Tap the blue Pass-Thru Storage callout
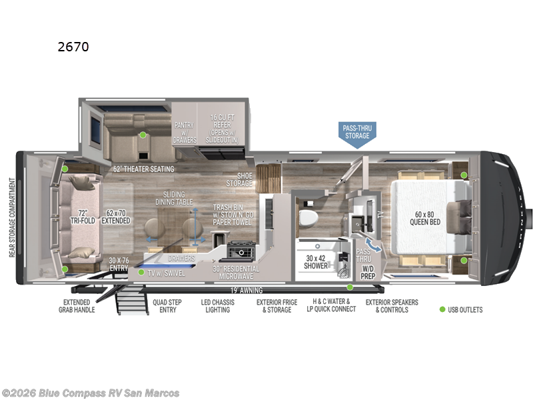(x=356, y=131)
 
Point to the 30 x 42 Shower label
(x=316, y=261)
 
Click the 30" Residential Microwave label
(x=236, y=273)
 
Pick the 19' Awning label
(x=246, y=290)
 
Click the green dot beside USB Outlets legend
(x=442, y=309)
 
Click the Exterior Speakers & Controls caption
(x=392, y=306)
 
